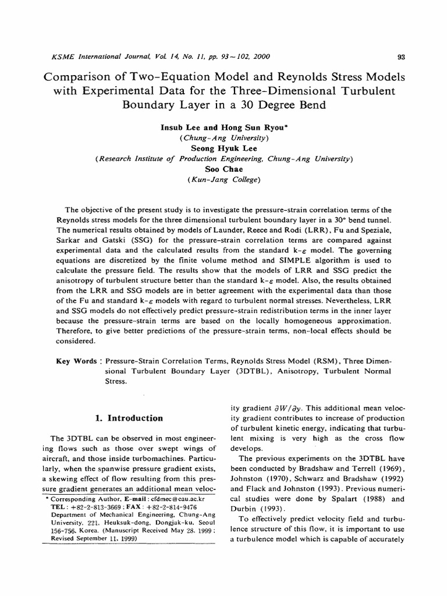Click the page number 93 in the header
[400, 57]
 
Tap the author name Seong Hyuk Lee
[224, 148]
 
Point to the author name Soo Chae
[224, 169]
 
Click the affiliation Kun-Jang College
[224, 180]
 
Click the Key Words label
[76, 361]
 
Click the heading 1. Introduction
[129, 418]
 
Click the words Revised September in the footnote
[84, 539]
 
